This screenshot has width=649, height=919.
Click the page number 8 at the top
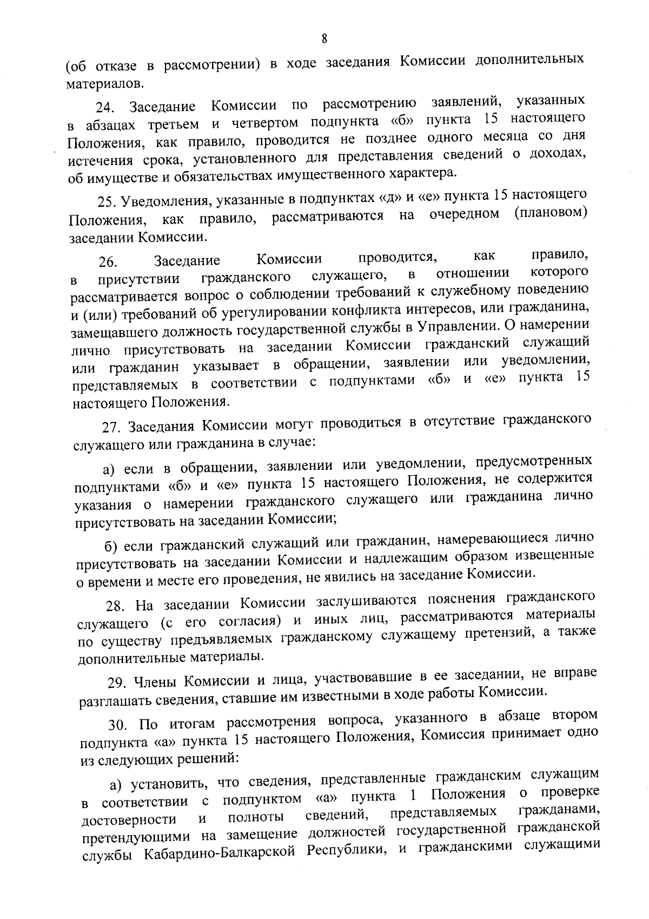coord(325,38)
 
